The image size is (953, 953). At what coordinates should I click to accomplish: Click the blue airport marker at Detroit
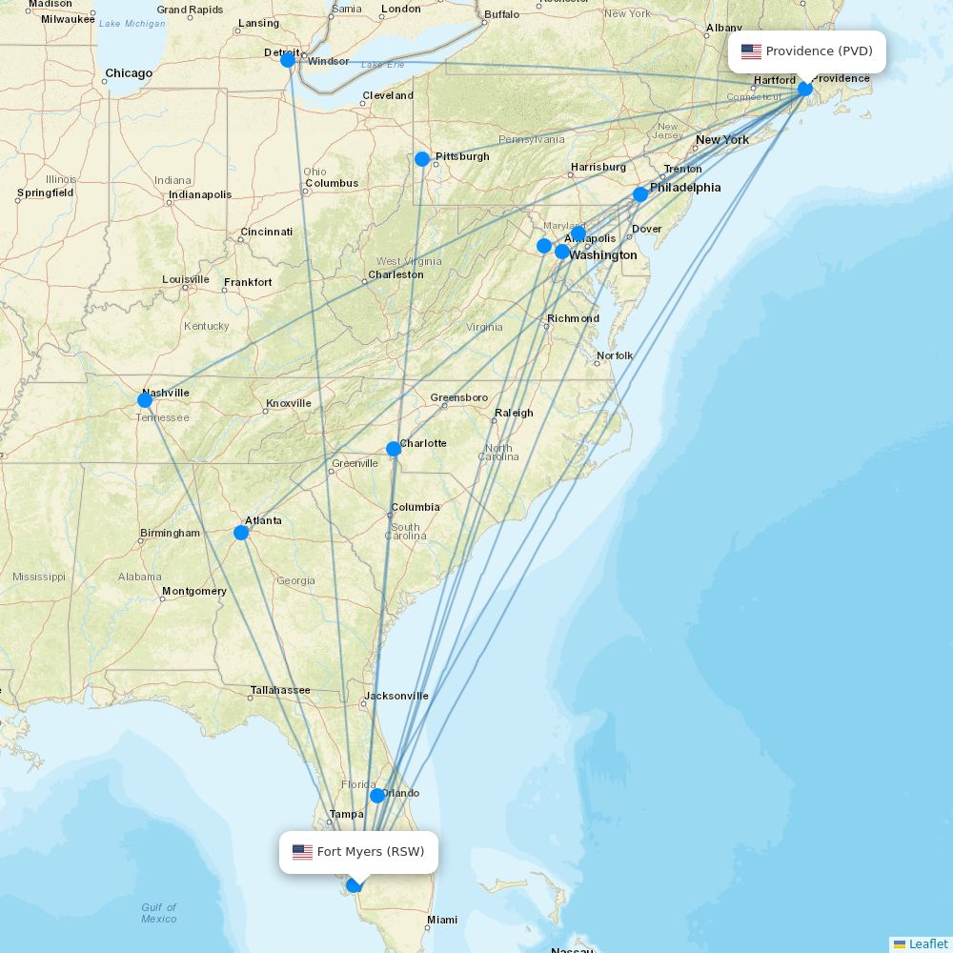pos(288,60)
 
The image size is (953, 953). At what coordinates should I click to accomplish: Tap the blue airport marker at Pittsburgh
pos(422,159)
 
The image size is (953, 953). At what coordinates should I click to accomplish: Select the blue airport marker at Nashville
pos(145,400)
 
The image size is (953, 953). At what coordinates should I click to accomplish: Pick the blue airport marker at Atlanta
pos(241,533)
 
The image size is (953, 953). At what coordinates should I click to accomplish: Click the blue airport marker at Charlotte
pos(394,449)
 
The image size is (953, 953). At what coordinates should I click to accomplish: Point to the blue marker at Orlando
pos(377,796)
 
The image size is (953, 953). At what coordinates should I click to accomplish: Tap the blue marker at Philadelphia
pos(640,194)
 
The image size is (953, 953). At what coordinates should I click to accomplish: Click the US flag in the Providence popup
pos(751,51)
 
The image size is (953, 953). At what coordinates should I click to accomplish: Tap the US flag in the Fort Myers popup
pos(302,852)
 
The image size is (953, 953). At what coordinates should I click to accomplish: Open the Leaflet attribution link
pos(927,943)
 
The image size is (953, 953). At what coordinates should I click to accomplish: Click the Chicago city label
pos(129,73)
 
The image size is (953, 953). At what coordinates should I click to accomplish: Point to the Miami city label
pos(442,920)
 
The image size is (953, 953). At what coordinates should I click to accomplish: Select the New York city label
pos(722,140)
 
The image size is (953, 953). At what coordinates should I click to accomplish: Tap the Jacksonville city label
pos(396,696)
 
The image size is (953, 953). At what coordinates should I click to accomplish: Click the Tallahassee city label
pos(280,690)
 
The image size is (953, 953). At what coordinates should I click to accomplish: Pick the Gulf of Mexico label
pos(158,913)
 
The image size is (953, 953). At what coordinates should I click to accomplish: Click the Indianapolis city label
pos(200,194)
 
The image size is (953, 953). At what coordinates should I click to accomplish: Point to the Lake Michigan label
pos(132,23)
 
